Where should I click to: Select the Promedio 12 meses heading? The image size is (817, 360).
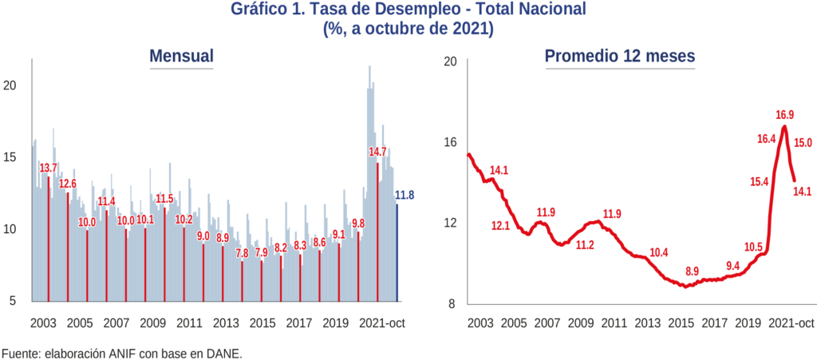pos(620,57)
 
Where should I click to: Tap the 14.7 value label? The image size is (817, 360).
pos(377,152)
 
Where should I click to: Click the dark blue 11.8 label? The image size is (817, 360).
pos(405,196)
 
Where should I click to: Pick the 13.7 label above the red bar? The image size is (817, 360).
pos(49,168)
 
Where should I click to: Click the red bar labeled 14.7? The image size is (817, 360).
pos(378,231)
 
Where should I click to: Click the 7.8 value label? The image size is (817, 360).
pos(242,253)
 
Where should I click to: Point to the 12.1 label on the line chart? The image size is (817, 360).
pos(500,226)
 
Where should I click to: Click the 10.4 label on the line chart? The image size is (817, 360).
pos(659,253)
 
